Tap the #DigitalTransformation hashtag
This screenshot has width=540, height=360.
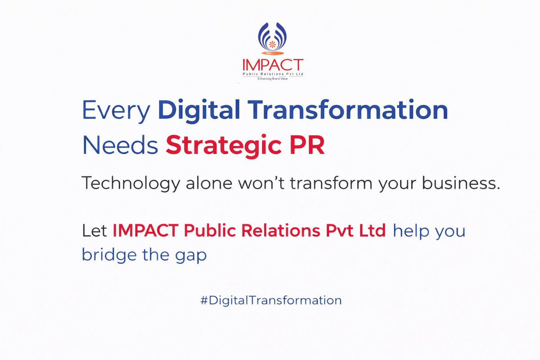271,300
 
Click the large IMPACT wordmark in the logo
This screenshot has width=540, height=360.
272,65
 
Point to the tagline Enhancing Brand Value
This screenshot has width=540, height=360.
272,79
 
